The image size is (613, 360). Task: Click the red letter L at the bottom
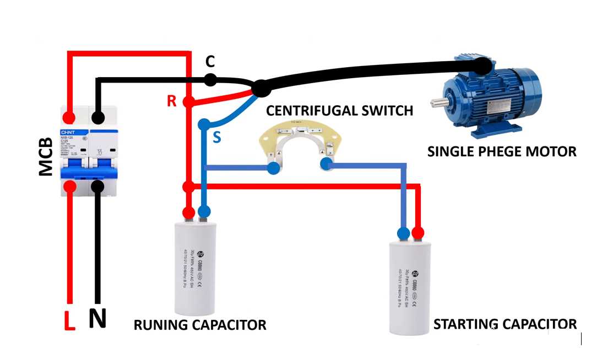[x=69, y=321]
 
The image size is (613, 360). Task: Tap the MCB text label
[x=46, y=157]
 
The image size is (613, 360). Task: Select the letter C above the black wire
[x=210, y=61]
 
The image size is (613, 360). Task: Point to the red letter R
[x=172, y=101]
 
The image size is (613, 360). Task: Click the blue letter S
[x=216, y=137]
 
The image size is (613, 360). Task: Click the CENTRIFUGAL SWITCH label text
[x=339, y=111]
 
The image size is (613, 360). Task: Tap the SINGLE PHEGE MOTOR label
[x=502, y=151]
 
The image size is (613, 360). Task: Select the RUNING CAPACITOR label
[x=200, y=325]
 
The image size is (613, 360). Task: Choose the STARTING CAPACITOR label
[x=505, y=324]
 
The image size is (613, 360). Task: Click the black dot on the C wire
[x=210, y=80]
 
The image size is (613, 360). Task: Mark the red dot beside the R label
[x=188, y=102]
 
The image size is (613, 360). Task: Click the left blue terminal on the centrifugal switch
[x=273, y=168]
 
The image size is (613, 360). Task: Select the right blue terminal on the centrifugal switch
[x=326, y=163]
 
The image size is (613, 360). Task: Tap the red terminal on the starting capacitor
[x=417, y=233]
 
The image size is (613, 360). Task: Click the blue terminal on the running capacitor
[x=204, y=211]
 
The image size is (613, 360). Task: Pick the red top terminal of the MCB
[x=69, y=117]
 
